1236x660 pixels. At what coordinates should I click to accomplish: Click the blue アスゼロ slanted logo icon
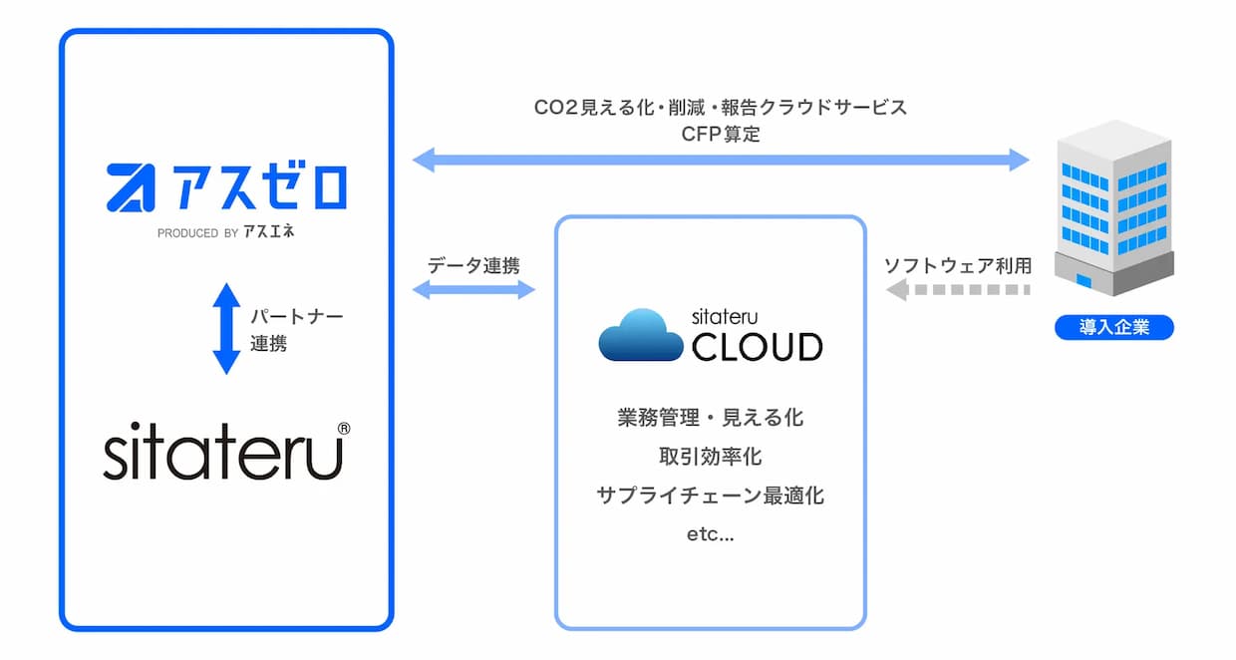coord(132,187)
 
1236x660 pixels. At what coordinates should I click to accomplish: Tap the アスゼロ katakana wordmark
coord(259,186)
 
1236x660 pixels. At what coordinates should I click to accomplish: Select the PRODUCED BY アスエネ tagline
coord(225,231)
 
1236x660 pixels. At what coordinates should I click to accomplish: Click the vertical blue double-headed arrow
coord(226,329)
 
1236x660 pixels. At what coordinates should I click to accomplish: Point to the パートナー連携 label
coord(297,329)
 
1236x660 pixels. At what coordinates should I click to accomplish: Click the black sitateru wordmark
coord(223,451)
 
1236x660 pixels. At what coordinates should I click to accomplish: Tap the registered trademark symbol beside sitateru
coord(344,429)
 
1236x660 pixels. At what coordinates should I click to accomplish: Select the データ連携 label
coord(473,265)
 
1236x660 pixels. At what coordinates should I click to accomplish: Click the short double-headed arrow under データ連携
coord(473,290)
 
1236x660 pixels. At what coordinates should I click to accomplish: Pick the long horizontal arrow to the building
coord(721,161)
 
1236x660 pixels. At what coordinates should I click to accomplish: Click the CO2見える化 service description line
coord(721,107)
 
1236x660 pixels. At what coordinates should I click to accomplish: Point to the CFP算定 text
coord(721,134)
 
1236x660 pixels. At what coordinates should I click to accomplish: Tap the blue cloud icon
coord(641,335)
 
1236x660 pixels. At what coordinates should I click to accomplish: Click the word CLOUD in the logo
coord(758,347)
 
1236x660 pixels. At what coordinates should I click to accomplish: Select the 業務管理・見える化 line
coord(710,418)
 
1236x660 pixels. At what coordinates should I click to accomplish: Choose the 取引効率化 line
coord(710,457)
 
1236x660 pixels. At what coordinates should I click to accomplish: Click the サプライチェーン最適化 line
coord(710,495)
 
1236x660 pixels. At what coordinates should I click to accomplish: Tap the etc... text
coord(710,534)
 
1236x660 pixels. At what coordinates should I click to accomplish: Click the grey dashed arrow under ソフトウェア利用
coord(958,290)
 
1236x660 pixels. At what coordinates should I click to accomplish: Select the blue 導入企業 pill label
coord(1114,327)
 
